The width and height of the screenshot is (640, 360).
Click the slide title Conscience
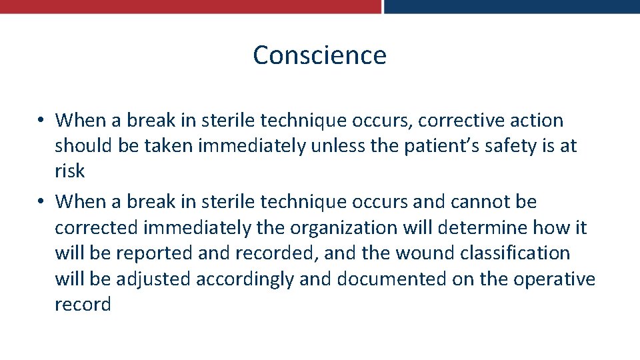coord(319,55)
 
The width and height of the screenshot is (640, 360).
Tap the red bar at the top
coord(190,6)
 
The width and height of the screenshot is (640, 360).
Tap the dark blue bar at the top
coord(511,6)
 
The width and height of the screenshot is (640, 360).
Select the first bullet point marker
coord(41,121)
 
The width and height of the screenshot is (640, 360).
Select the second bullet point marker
coord(41,201)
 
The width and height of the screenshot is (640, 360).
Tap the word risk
coord(69,171)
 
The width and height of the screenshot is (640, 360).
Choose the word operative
coord(554,279)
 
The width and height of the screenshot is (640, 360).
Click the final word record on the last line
coord(83,305)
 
